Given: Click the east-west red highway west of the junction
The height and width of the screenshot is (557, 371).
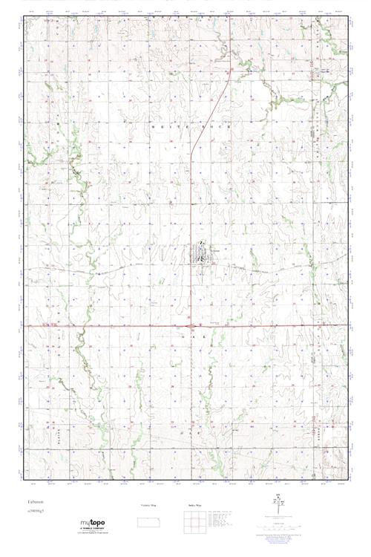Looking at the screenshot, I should pyautogui.click(x=111, y=325).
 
